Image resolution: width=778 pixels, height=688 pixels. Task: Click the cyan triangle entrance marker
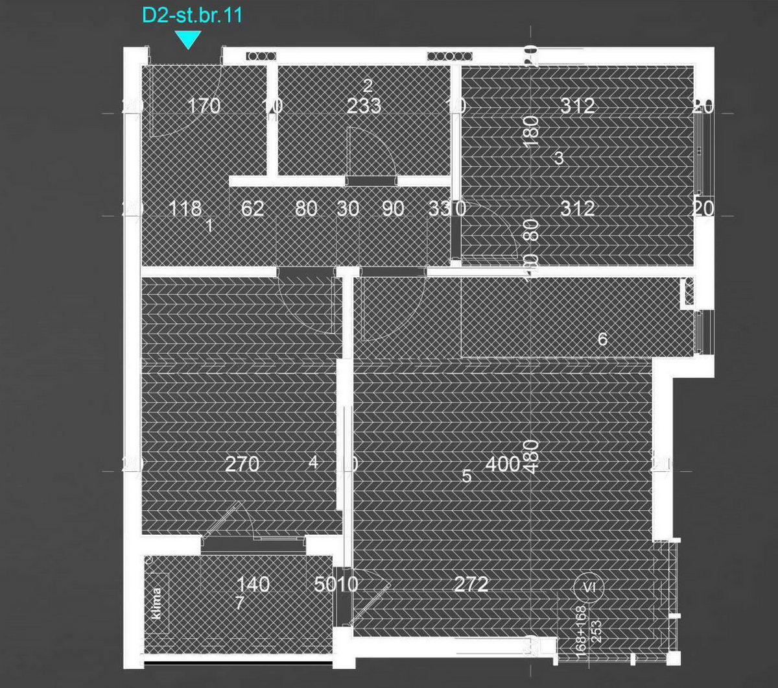coord(188,40)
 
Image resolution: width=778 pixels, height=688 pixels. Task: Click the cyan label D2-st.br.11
coord(192,16)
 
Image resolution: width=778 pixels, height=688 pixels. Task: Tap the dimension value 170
coord(204,106)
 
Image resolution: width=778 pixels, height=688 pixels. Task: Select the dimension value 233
coord(364,106)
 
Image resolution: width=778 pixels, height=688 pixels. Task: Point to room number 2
coord(368,86)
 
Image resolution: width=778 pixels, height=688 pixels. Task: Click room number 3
coord(560,158)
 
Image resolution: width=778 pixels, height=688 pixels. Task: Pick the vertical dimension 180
coord(532,132)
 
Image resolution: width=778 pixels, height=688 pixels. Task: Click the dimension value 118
coord(185,209)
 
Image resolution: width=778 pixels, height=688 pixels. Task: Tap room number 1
coord(209,226)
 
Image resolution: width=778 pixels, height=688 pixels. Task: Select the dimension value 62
coord(252,209)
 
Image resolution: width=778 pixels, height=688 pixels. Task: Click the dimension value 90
coord(393,209)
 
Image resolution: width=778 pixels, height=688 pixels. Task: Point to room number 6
coord(602,339)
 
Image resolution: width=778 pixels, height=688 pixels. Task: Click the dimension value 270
coord(242,464)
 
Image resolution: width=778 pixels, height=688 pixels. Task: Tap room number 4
coord(314,463)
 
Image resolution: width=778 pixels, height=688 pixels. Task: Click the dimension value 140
coord(252,585)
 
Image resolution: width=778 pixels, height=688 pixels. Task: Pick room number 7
coord(239,604)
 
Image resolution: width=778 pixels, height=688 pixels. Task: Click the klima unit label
coord(157,604)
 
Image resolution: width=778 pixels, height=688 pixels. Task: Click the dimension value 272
coord(471,585)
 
